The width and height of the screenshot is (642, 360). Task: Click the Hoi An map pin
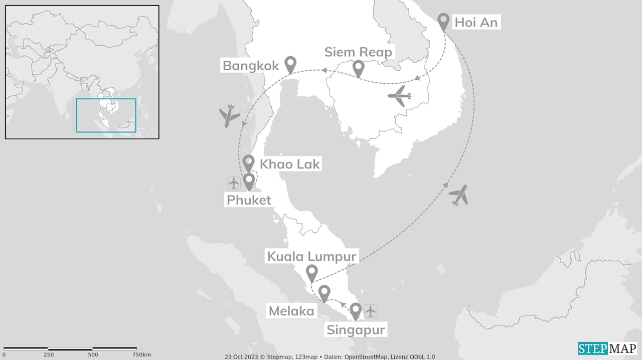click(443, 22)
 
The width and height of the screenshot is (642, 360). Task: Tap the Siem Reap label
click(358, 52)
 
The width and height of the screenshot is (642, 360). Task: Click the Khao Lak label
click(289, 164)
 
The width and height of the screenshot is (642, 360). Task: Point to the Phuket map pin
click(249, 182)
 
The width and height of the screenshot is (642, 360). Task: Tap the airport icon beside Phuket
click(234, 183)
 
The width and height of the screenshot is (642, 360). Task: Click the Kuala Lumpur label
click(311, 257)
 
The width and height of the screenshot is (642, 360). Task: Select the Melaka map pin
click(325, 293)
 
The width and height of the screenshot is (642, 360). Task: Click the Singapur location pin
click(356, 311)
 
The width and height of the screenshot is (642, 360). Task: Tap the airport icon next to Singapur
click(370, 311)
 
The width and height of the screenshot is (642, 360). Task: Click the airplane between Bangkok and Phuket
click(230, 115)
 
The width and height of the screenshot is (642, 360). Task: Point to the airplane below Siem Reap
click(400, 96)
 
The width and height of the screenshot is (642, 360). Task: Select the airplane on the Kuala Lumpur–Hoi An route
click(459, 195)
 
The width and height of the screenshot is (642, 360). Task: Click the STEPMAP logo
click(607, 348)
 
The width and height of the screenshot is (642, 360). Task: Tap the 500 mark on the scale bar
click(93, 354)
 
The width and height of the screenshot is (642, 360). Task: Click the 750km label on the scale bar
click(141, 354)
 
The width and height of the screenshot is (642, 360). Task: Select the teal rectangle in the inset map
click(106, 115)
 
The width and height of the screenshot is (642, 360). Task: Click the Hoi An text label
click(476, 22)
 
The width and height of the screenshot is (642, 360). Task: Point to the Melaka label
click(291, 311)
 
